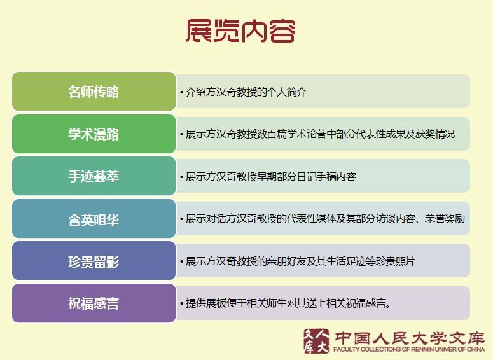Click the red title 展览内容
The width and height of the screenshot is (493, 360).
240,31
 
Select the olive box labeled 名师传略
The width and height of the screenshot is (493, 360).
94,92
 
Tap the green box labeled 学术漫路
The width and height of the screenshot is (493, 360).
94,134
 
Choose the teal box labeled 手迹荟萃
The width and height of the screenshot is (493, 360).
94,176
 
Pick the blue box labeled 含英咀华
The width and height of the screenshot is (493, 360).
94,219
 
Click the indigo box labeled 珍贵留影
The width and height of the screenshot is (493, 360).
94,261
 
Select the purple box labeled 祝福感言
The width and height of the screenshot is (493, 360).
94,303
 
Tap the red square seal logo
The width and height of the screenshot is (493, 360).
316,341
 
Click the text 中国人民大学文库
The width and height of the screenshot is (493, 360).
409,338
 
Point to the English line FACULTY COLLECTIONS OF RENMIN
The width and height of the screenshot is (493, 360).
409,349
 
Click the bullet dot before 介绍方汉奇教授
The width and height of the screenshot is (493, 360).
182,92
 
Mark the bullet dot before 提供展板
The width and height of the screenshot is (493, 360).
182,304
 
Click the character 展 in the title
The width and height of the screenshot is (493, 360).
198,31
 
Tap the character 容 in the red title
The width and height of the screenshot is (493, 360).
282,31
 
